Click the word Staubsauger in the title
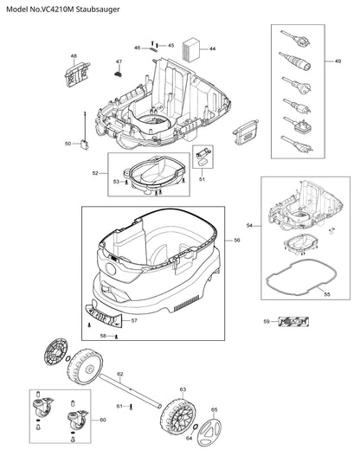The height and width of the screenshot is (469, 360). (x=98, y=10)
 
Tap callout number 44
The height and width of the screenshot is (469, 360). (x=212, y=48)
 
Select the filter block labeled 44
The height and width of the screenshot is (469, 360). (x=191, y=50)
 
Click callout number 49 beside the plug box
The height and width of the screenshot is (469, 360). (x=337, y=61)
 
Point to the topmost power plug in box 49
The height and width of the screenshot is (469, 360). (x=295, y=38)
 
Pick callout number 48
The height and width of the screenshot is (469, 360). (x=74, y=56)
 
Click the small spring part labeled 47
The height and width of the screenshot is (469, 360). (x=119, y=74)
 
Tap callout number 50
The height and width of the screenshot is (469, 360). (x=67, y=144)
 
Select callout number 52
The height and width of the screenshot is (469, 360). (x=95, y=173)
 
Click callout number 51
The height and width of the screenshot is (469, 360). (x=202, y=179)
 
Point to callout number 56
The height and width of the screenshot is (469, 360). (x=237, y=241)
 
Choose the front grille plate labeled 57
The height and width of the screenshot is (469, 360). (x=104, y=315)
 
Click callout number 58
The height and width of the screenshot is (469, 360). (x=103, y=337)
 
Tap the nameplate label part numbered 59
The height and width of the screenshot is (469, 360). (x=293, y=322)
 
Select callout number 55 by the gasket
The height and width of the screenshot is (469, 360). (x=327, y=294)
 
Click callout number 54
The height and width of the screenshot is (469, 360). (x=249, y=226)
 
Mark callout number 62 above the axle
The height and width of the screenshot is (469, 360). (x=120, y=374)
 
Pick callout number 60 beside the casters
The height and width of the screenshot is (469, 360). (x=103, y=420)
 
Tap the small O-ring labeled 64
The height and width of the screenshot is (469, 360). (x=195, y=427)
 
